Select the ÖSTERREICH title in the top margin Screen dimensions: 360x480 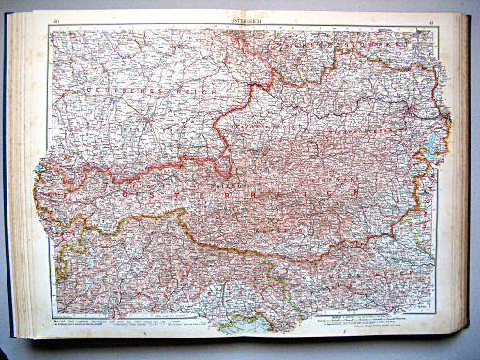(242, 20)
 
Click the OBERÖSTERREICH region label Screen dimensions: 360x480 (262, 122)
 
